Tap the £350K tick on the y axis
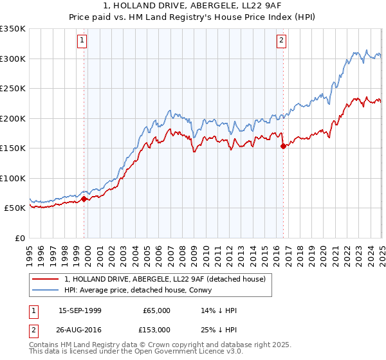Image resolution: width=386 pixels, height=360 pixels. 12,29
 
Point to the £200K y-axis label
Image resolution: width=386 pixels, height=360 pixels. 12,118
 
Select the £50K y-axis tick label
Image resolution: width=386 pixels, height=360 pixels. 15,208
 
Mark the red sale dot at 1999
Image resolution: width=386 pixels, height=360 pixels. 84,199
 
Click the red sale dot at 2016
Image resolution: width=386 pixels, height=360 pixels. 283,147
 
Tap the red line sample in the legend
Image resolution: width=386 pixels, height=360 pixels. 46,279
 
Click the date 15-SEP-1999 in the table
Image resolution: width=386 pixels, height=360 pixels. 80,311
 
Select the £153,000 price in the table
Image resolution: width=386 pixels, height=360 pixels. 156,329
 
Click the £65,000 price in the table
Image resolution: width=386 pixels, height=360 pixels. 156,311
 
